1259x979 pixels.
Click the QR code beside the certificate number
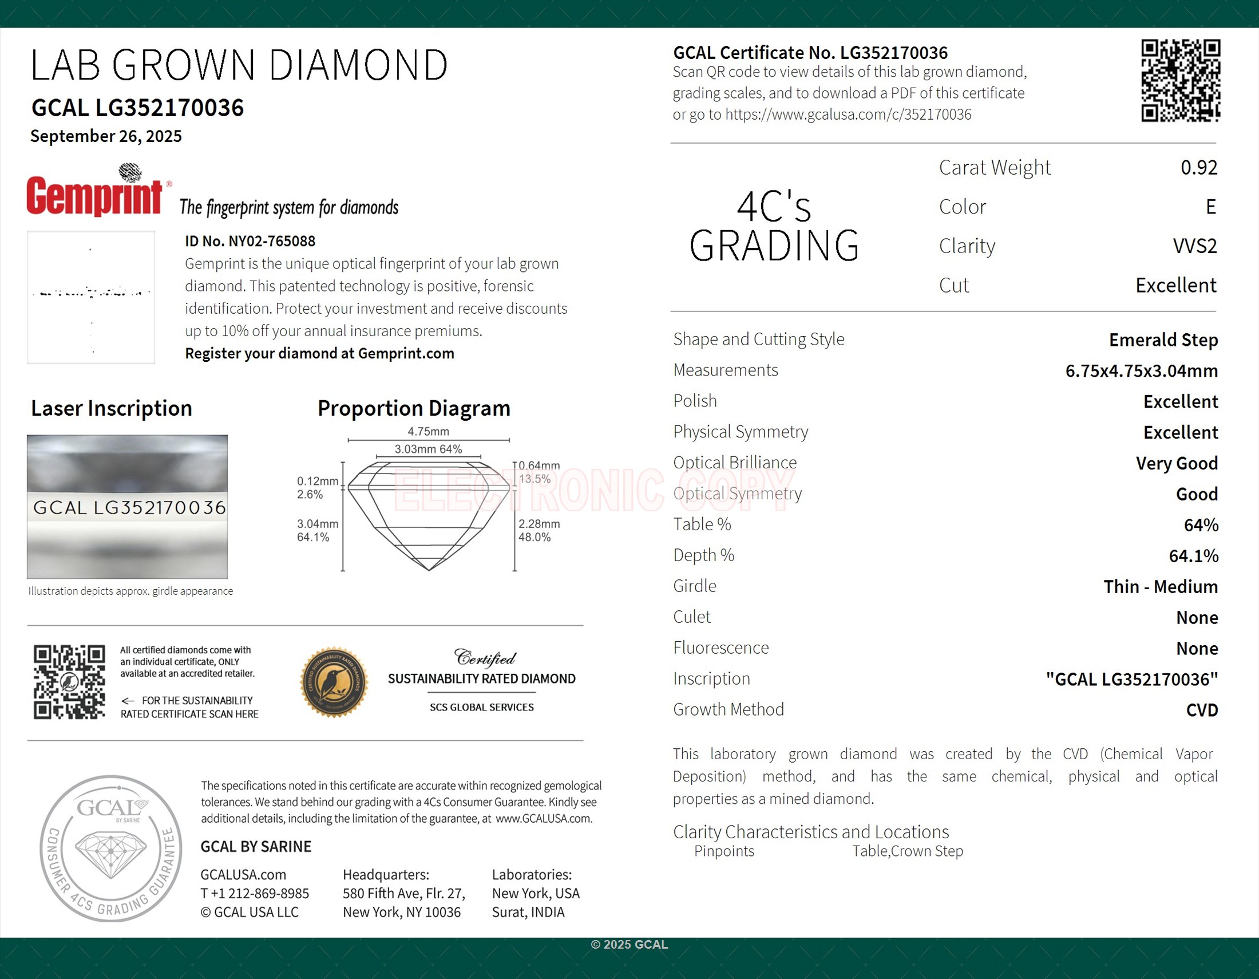pyautogui.click(x=1180, y=80)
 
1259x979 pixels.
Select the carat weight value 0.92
pyautogui.click(x=1198, y=168)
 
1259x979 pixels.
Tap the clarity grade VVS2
pyautogui.click(x=1194, y=246)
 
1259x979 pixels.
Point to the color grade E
pyautogui.click(x=1210, y=207)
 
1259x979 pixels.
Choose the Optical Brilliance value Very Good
pyautogui.click(x=1176, y=464)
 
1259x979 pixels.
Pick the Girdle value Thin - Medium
pyautogui.click(x=1160, y=587)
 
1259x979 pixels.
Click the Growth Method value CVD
pyautogui.click(x=1201, y=710)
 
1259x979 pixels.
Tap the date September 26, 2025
pyautogui.click(x=106, y=136)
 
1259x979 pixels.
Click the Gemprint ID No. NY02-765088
pyautogui.click(x=250, y=241)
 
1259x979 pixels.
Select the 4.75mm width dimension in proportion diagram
pyautogui.click(x=427, y=431)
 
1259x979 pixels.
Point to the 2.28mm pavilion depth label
pyautogui.click(x=539, y=523)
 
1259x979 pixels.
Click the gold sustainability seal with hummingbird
pyautogui.click(x=334, y=682)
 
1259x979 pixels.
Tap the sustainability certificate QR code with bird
pyautogui.click(x=69, y=682)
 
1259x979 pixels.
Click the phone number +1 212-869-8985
pyautogui.click(x=255, y=894)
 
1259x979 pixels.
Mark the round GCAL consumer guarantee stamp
pyautogui.click(x=110, y=848)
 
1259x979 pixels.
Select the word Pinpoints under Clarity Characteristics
pyautogui.click(x=723, y=851)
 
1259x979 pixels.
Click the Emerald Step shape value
pyautogui.click(x=1163, y=340)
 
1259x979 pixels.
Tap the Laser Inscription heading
pyautogui.click(x=111, y=408)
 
